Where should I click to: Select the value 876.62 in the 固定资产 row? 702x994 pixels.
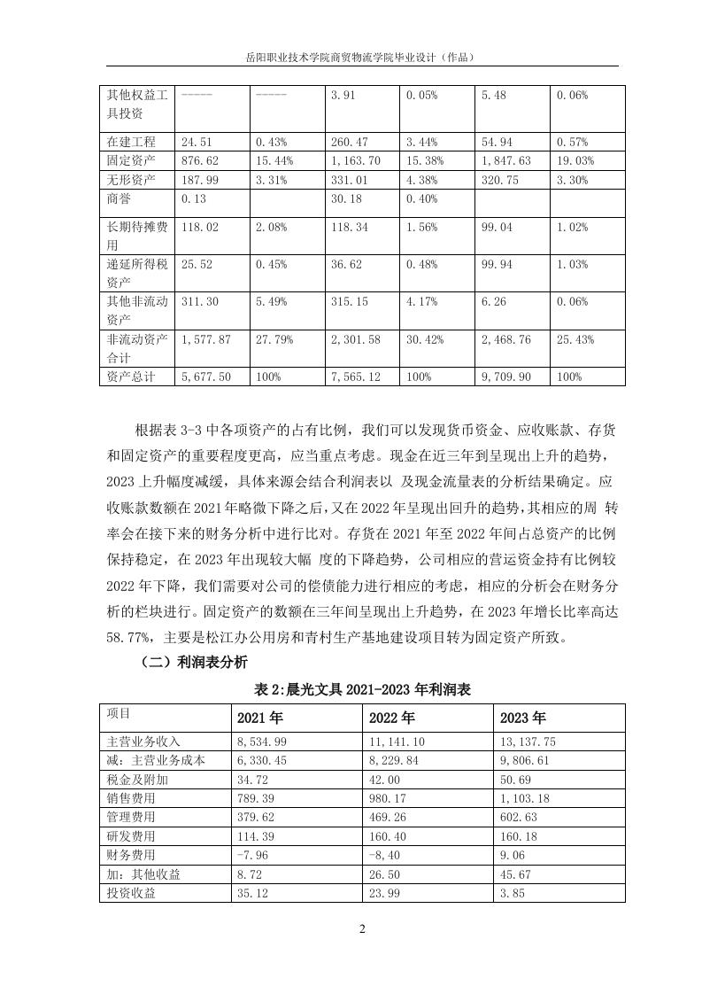coord(198,160)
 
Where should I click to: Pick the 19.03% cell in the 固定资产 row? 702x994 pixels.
coord(575,160)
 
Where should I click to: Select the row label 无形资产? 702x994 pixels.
coord(131,180)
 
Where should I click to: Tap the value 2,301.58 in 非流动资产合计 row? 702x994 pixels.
coord(355,339)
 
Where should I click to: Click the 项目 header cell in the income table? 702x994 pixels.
coord(119,712)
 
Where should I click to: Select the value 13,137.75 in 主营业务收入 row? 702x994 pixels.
coord(528,742)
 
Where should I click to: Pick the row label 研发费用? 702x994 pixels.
coord(131,835)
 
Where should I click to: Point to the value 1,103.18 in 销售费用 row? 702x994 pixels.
coord(525,798)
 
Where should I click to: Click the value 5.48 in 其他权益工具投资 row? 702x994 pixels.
coord(494,95)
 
